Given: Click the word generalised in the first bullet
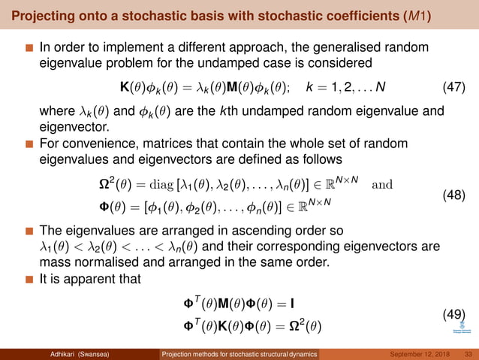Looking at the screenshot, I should (x=342, y=50).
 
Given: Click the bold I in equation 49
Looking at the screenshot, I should (x=291, y=304).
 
